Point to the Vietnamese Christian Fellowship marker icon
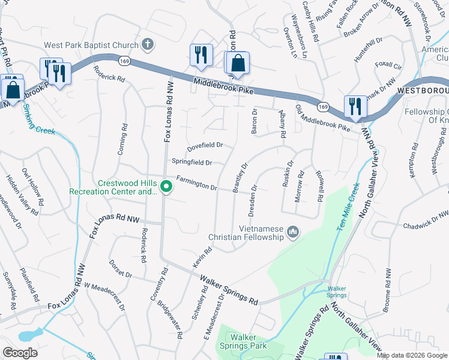tap(293, 232)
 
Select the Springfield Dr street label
tap(192, 162)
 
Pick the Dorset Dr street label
tap(120, 269)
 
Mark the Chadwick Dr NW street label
tap(427, 220)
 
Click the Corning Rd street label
tap(122, 140)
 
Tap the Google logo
tap(20, 353)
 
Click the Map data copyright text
tap(412, 355)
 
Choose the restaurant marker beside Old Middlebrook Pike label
tap(355, 107)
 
